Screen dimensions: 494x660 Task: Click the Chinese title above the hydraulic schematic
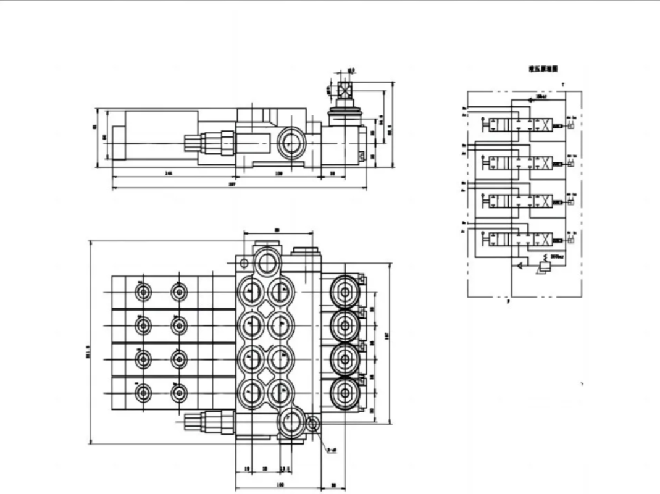543,70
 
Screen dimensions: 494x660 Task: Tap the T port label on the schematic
562,83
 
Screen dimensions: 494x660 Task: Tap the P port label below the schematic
508,303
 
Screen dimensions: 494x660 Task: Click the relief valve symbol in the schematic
546,266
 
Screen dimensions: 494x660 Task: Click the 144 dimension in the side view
168,174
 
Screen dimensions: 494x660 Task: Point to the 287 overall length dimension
233,185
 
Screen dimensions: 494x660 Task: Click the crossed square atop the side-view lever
345,90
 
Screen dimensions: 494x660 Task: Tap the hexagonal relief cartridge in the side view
213,143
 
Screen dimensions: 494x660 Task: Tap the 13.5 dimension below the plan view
285,470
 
